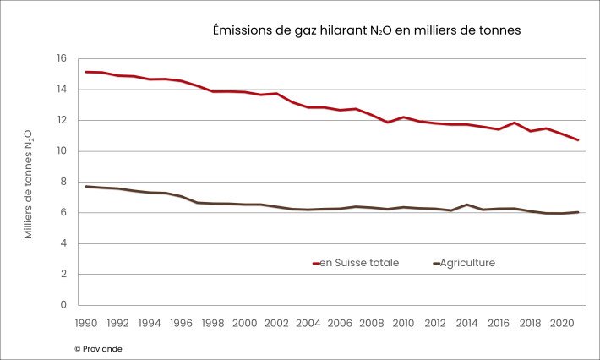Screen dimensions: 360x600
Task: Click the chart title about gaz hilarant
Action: coord(366,30)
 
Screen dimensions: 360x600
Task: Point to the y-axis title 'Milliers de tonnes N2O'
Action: coord(28,183)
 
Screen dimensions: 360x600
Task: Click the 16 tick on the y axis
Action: coord(61,58)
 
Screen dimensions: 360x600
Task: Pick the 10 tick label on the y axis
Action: coord(61,151)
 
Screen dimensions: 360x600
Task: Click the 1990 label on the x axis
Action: coord(86,323)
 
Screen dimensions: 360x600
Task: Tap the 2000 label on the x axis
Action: coord(244,323)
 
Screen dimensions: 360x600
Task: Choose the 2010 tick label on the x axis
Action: coord(403,323)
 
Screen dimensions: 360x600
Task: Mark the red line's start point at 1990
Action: coord(86,72)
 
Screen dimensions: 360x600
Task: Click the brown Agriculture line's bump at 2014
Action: coord(466,205)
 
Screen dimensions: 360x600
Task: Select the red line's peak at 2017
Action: coord(514,123)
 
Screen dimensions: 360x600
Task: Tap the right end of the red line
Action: coord(578,139)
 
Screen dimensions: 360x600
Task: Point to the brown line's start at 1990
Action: coord(86,186)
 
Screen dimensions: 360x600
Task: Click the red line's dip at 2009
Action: coord(387,123)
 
